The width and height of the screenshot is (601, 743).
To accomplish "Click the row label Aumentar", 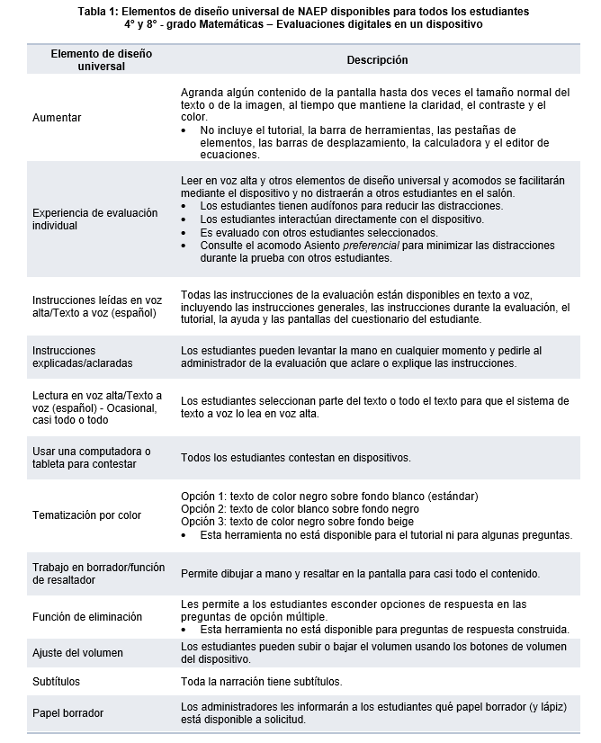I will (x=57, y=118).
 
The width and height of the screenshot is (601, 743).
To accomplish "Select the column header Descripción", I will (x=377, y=60).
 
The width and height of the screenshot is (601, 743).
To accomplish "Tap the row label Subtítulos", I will (x=56, y=681).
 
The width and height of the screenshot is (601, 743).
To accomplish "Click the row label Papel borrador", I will (x=67, y=713).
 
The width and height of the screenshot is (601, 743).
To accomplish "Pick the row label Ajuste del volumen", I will (x=77, y=652).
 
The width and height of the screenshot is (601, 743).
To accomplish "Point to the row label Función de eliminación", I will (x=87, y=616).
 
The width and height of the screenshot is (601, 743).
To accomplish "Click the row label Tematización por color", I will (x=86, y=515).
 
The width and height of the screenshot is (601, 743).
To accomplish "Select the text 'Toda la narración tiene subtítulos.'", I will (x=261, y=681).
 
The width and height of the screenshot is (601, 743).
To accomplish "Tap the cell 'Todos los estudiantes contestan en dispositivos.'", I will (x=296, y=458).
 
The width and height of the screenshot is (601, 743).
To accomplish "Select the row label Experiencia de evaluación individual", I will (x=94, y=219).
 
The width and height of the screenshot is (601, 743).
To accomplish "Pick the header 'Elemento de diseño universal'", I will (x=101, y=60).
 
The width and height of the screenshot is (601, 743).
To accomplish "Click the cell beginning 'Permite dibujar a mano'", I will (x=360, y=573).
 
